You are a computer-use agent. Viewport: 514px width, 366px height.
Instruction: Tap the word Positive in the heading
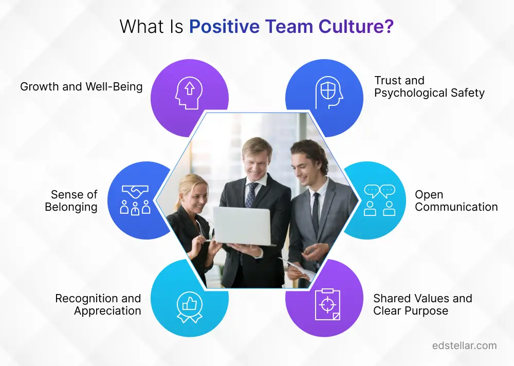coord(225,26)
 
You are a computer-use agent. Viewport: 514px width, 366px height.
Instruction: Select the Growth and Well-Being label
coord(81,86)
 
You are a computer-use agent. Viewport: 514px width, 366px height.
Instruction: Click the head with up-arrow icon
coord(189,93)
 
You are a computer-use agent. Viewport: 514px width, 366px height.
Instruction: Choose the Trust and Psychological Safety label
coord(429,86)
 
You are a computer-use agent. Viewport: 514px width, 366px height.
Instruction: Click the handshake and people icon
coord(135,200)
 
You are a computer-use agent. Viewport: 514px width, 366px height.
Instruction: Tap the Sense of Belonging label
coord(71,200)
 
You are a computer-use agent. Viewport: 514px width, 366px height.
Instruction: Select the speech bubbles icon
coord(380,200)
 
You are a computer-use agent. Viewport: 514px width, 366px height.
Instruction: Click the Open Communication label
coord(456,200)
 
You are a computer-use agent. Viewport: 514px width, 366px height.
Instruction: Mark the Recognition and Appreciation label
coord(98,304)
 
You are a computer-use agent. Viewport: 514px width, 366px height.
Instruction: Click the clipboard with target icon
coord(327,304)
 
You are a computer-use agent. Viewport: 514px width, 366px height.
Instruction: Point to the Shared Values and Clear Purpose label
coord(423,304)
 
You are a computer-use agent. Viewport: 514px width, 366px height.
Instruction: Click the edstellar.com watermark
coord(465,345)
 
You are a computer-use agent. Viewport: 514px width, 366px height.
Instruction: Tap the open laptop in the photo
coord(243,226)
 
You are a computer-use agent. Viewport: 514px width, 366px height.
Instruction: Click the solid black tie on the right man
coord(316,213)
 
